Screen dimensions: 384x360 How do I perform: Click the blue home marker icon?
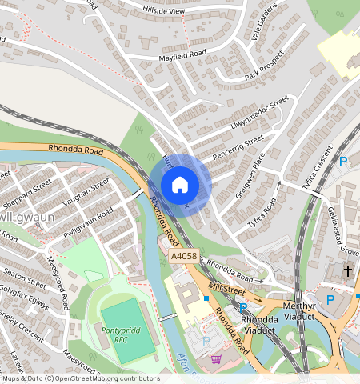(x=180, y=185)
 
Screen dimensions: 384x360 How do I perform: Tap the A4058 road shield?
(x=182, y=257)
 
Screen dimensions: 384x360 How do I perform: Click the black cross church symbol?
(x=348, y=271)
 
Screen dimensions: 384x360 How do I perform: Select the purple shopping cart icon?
(x=215, y=359)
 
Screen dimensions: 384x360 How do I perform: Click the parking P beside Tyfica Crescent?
(x=342, y=162)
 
